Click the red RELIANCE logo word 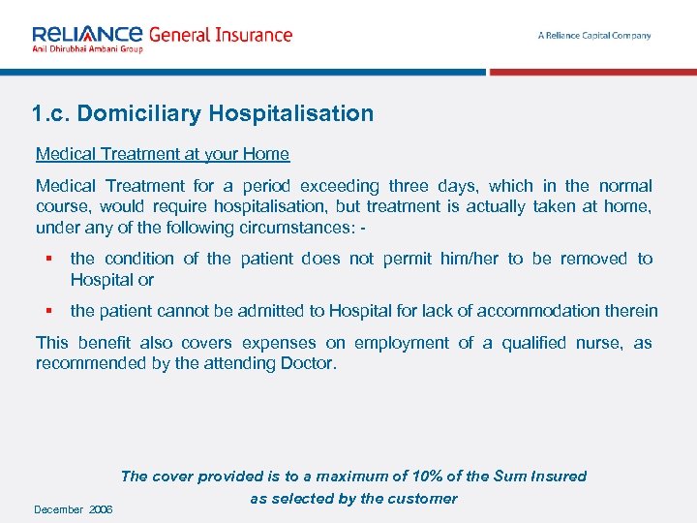(x=87, y=33)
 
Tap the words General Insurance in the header (x=220, y=34)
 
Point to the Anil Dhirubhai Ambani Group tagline (x=87, y=48)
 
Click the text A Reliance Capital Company (x=594, y=36)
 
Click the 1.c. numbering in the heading (x=50, y=113)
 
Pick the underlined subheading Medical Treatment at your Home (x=162, y=154)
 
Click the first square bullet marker (x=46, y=259)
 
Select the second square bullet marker (x=46, y=311)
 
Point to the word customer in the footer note (x=421, y=499)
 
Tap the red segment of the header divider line (x=592, y=72)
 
